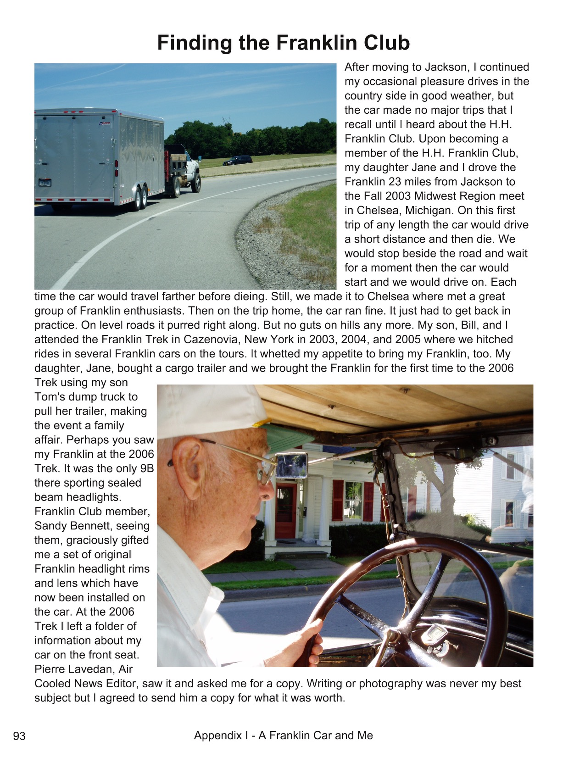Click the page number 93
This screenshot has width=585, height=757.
click(19, 736)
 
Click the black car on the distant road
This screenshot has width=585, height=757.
click(237, 160)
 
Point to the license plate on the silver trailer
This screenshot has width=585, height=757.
click(45, 182)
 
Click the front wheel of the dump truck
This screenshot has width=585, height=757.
click(196, 183)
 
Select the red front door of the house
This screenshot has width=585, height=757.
click(285, 511)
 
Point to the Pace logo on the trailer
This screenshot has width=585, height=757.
click(105, 123)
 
